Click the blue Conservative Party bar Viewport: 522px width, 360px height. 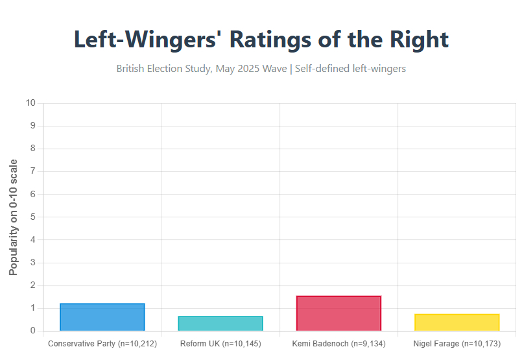(102, 317)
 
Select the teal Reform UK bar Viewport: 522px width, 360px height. (220, 324)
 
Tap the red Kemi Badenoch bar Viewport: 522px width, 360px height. (338, 313)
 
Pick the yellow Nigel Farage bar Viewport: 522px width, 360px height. (457, 322)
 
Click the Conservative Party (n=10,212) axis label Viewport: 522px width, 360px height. (102, 343)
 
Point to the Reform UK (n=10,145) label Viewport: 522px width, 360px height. (220, 343)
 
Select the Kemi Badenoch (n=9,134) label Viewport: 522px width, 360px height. (338, 343)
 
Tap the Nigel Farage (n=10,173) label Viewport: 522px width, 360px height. (457, 343)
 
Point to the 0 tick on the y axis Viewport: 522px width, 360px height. (33, 331)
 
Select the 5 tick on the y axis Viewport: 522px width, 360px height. (33, 217)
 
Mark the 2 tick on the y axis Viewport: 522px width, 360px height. (33, 285)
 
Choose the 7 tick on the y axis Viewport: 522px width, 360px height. (33, 171)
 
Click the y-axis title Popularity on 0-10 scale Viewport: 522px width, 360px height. (14, 217)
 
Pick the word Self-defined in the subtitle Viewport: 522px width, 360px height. (325, 69)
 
